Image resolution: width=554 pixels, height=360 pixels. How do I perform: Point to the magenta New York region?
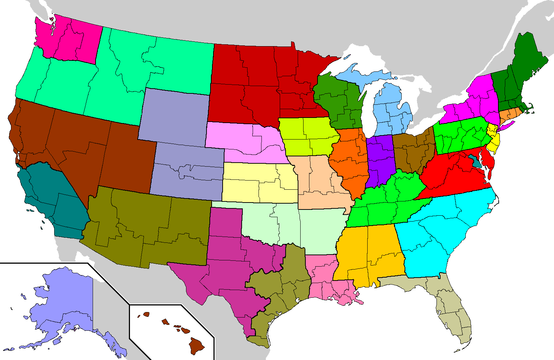tap(472, 103)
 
